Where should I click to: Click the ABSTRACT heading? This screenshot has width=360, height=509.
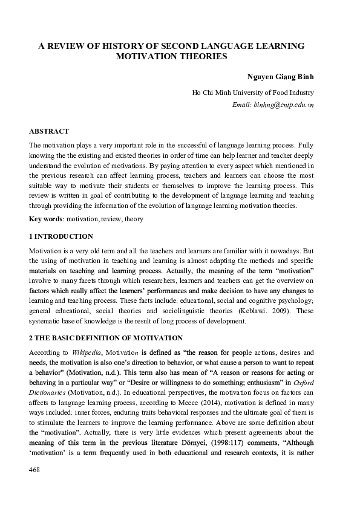pos(49,131)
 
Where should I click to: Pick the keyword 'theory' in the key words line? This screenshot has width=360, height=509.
pos(133,219)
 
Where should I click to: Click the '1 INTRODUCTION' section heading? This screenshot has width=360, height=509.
pos(61,236)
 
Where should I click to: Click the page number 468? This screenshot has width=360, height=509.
pos(34,487)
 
